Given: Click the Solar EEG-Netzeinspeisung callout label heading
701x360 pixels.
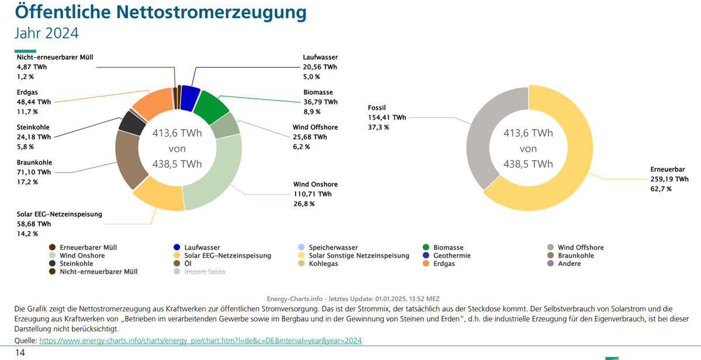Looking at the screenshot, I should (59, 214).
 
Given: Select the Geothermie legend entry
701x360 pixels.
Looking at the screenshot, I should (451, 255).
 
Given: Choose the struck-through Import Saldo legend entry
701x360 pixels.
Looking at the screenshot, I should (204, 272).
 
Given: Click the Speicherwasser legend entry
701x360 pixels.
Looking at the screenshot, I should (333, 247).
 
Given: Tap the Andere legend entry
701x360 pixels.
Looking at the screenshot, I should (569, 264).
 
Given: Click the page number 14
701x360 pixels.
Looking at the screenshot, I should (20, 352).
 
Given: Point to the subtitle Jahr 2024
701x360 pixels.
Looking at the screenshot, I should (46, 33).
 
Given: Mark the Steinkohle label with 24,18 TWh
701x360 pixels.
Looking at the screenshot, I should (33, 127).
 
